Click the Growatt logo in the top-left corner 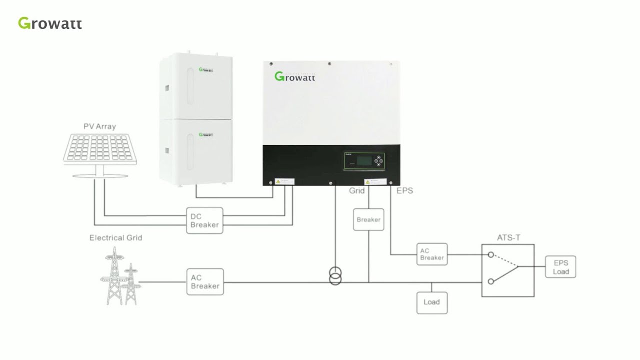tap(50, 23)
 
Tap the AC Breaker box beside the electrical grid tap(205, 282)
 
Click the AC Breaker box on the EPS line tap(432, 254)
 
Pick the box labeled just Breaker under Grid tap(368, 220)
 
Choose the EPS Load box tap(561, 267)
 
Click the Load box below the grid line tap(431, 302)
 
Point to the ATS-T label tap(508, 238)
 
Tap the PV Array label tap(99, 126)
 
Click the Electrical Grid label tap(116, 238)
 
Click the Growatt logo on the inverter tap(295, 77)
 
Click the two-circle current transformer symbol tap(335, 276)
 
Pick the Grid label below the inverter tap(357, 191)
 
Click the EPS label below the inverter tap(404, 191)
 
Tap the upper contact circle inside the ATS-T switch tap(491, 255)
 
